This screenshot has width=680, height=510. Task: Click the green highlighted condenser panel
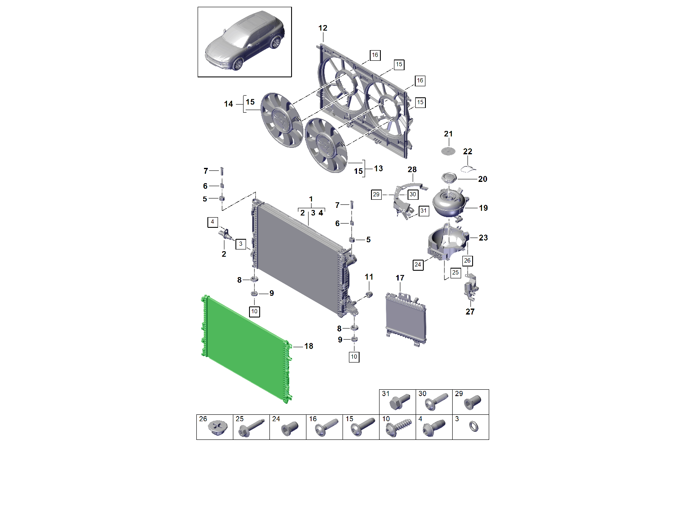click(x=246, y=348)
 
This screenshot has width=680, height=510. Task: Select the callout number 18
click(x=309, y=346)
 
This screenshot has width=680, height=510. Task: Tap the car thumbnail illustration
click(x=245, y=42)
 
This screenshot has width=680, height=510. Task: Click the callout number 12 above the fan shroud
click(x=323, y=28)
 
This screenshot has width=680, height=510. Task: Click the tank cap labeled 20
click(x=449, y=178)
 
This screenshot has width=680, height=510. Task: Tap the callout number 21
click(x=448, y=134)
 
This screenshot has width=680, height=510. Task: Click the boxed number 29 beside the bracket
click(x=376, y=195)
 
